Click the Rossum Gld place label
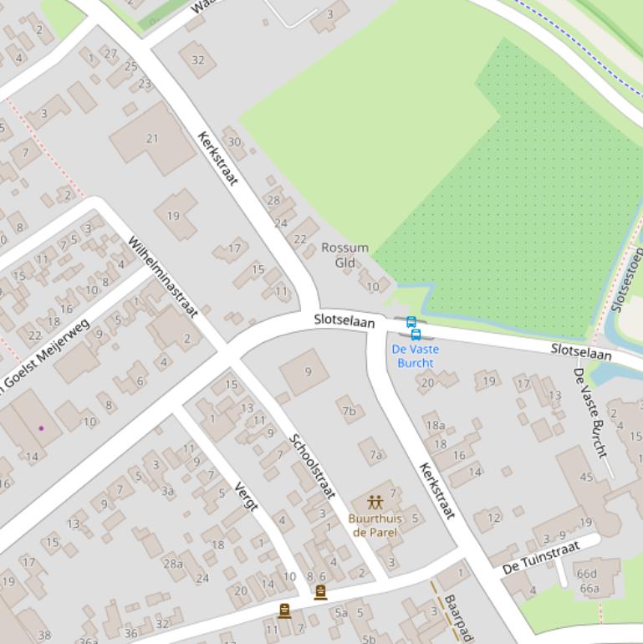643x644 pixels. tap(344, 255)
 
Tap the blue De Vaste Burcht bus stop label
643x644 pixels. tap(415, 355)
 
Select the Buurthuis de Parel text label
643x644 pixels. tap(375, 525)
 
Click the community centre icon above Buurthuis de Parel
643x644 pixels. tap(375, 503)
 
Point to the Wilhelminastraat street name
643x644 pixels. tap(162, 277)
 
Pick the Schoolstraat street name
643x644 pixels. tap(312, 466)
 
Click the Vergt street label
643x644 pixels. tap(246, 497)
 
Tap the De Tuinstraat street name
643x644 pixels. tap(540, 558)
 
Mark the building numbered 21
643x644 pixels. tap(151, 138)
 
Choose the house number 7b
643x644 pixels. tap(349, 411)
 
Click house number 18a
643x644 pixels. tap(435, 426)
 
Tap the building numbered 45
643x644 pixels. tap(585, 477)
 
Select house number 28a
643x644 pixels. tap(173, 564)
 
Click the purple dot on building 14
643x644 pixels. tap(41, 428)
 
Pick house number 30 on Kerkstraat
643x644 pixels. tap(234, 141)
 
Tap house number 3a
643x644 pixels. tap(167, 491)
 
